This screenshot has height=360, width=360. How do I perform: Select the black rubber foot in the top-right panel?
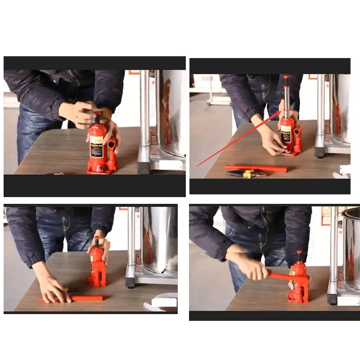click(x=319, y=152)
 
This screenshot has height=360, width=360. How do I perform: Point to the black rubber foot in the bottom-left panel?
click(x=130, y=282)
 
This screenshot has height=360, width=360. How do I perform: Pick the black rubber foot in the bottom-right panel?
click(x=332, y=299)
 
